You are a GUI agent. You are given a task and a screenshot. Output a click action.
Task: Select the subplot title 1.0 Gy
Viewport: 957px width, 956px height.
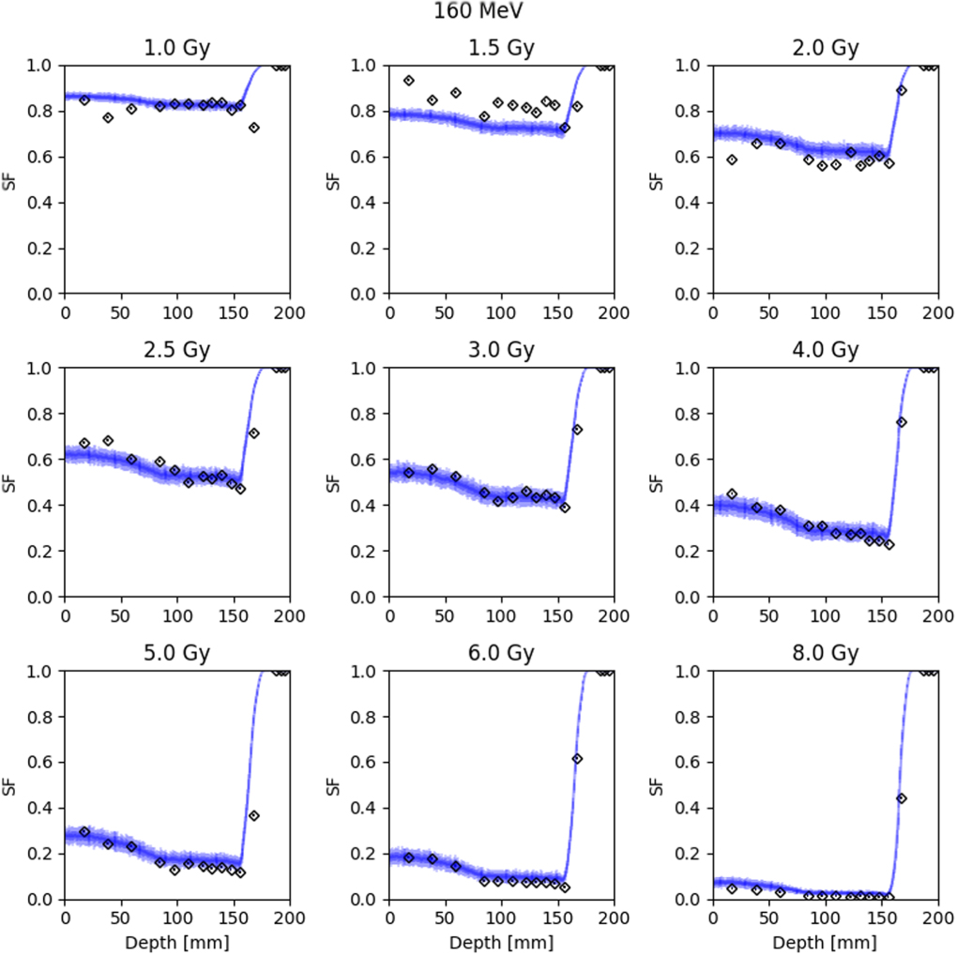(176, 48)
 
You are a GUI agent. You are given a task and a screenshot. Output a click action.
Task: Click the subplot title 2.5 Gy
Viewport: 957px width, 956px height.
(176, 351)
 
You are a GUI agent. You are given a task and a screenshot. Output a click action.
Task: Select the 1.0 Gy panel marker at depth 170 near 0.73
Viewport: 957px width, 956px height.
(253, 128)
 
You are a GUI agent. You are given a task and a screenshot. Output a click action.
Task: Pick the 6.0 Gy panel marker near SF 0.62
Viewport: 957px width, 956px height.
(577, 758)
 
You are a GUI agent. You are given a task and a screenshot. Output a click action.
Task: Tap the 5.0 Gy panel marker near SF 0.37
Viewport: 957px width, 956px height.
(253, 815)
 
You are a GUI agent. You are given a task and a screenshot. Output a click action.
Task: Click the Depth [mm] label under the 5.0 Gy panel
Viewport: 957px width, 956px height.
(176, 941)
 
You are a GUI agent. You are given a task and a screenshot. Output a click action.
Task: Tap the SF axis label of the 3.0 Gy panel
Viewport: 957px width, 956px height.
(332, 482)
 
